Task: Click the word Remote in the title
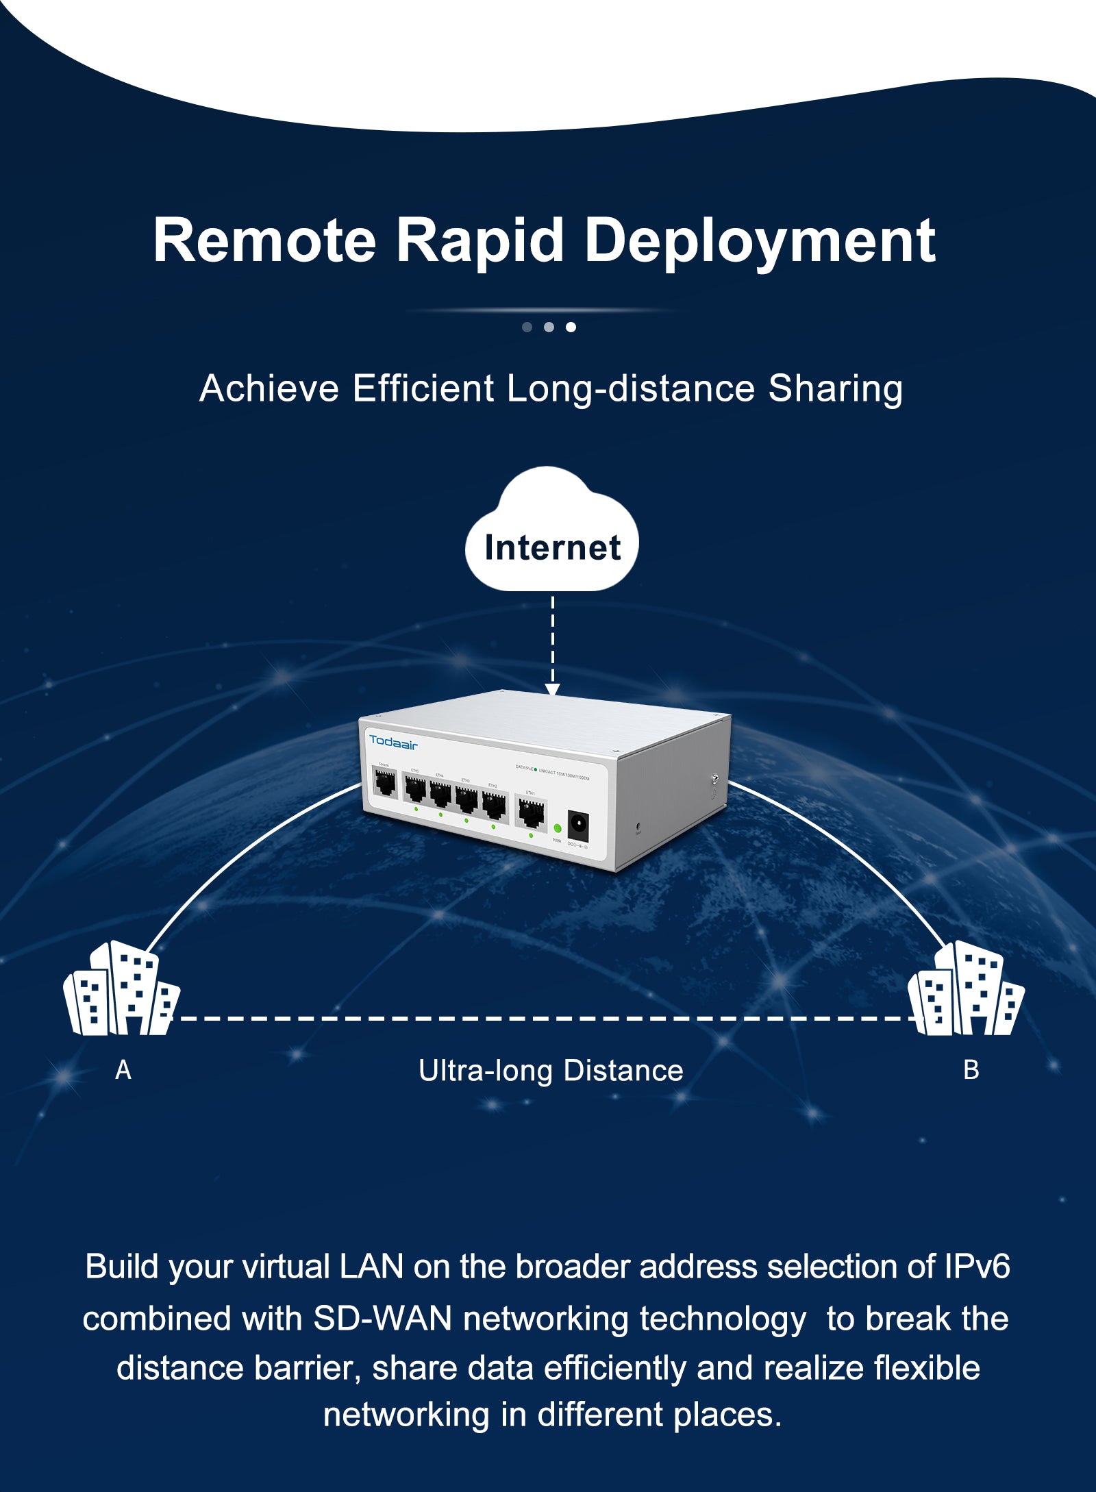pyautogui.click(x=264, y=240)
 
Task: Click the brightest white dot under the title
pyautogui.click(x=571, y=327)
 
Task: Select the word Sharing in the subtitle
pyautogui.click(x=835, y=388)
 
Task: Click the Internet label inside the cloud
pyautogui.click(x=552, y=547)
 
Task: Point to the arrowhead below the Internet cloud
pyautogui.click(x=552, y=688)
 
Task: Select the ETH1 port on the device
pyautogui.click(x=531, y=813)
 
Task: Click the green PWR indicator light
pyautogui.click(x=558, y=828)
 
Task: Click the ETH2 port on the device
pyautogui.click(x=494, y=805)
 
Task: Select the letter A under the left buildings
pyautogui.click(x=123, y=1070)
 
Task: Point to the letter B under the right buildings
pyautogui.click(x=971, y=1070)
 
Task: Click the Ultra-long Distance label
pyautogui.click(x=551, y=1071)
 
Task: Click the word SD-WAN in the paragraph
pyautogui.click(x=382, y=1319)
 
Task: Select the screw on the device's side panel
pyautogui.click(x=715, y=778)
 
